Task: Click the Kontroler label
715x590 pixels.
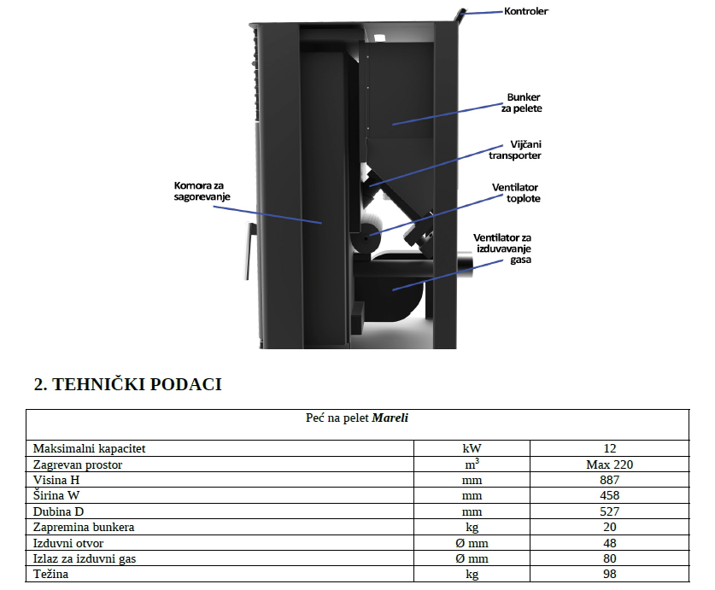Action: (526, 11)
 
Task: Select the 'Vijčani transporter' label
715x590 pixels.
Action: (514, 150)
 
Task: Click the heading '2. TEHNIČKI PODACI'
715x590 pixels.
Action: (127, 384)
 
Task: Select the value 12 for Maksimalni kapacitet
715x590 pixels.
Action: (609, 447)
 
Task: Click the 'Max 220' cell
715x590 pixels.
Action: (609, 465)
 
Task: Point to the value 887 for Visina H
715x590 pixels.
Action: (609, 480)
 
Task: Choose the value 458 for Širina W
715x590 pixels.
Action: (609, 495)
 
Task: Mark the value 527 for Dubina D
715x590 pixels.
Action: (609, 511)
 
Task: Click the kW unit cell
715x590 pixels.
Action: (472, 447)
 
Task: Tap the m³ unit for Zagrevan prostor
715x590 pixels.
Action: (472, 464)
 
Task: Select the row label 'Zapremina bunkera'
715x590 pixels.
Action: (84, 527)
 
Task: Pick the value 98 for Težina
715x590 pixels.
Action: (609, 574)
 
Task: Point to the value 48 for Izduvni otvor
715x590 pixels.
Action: (609, 543)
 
